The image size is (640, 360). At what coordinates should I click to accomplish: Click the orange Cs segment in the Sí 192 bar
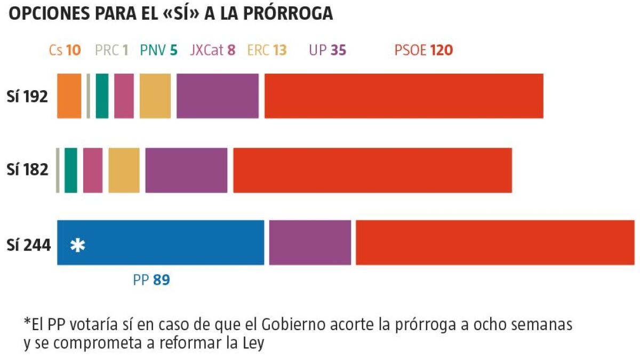pyautogui.click(x=69, y=96)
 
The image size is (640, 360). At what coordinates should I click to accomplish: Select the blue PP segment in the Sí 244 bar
pyautogui.click(x=160, y=243)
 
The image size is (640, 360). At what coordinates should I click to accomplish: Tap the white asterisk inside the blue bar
pyautogui.click(x=78, y=245)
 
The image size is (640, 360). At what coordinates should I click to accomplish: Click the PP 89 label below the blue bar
pyautogui.click(x=151, y=280)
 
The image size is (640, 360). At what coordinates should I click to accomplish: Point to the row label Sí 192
pyautogui.click(x=28, y=97)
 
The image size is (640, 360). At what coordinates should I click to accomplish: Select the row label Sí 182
pyautogui.click(x=28, y=170)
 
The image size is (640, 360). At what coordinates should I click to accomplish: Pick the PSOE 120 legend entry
pyautogui.click(x=423, y=51)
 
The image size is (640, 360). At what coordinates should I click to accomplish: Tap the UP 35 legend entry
pyautogui.click(x=327, y=51)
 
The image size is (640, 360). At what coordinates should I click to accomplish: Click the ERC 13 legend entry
pyautogui.click(x=267, y=51)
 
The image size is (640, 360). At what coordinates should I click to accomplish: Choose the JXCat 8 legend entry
pyautogui.click(x=213, y=51)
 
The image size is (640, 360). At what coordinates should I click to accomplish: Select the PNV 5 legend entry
pyautogui.click(x=158, y=51)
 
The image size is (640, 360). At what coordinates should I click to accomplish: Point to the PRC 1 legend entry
pyautogui.click(x=111, y=51)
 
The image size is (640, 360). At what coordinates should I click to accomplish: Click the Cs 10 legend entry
pyautogui.click(x=65, y=51)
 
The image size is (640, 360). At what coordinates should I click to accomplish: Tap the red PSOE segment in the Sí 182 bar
pyautogui.click(x=372, y=170)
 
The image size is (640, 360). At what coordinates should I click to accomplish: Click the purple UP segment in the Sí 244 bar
pyautogui.click(x=310, y=243)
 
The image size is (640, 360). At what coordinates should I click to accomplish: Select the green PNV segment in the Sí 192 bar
pyautogui.click(x=102, y=96)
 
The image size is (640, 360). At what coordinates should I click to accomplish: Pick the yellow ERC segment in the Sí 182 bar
pyautogui.click(x=124, y=170)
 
